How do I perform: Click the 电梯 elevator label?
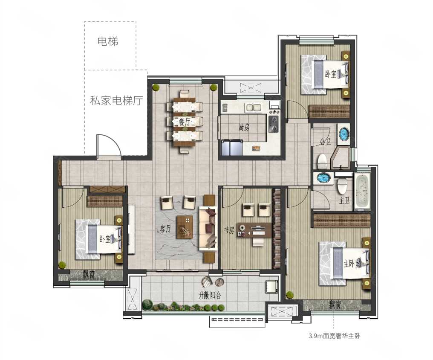pyautogui.click(x=108, y=41)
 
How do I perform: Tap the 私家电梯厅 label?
pyautogui.click(x=116, y=101)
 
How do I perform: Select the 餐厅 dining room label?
pyautogui.click(x=184, y=122)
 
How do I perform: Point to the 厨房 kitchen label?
pyautogui.click(x=244, y=128)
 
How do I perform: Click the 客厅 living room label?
pyautogui.click(x=166, y=229)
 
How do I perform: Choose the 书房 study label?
pyautogui.click(x=229, y=230)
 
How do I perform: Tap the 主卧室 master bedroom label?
pyautogui.click(x=352, y=264)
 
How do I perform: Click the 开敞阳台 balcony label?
pyautogui.click(x=210, y=296)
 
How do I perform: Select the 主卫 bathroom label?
pyautogui.click(x=344, y=201)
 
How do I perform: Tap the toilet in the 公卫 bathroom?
pyautogui.click(x=322, y=161)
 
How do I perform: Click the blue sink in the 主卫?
pyautogui.click(x=323, y=177)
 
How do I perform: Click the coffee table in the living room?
pyautogui.click(x=185, y=227)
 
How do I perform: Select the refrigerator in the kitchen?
pyautogui.click(x=232, y=148)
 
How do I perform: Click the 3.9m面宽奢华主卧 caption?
pyautogui.click(x=335, y=336)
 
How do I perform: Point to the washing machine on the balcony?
pyautogui.click(x=271, y=287)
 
